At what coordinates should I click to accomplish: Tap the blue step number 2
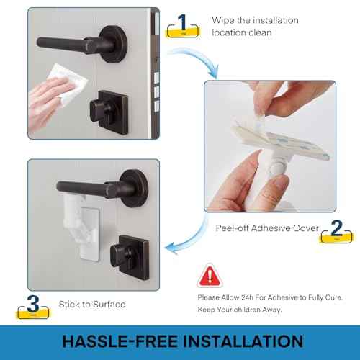tap(336, 228)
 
